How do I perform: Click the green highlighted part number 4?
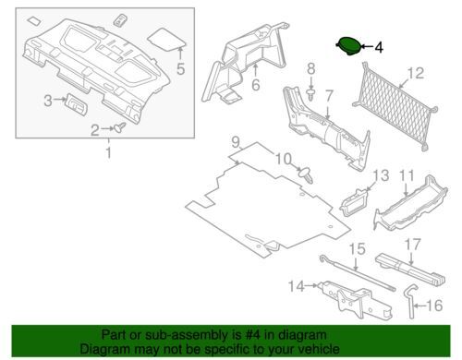pyautogui.click(x=348, y=46)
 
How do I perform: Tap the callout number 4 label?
pyautogui.click(x=379, y=48)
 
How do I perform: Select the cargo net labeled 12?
pyautogui.click(x=395, y=106)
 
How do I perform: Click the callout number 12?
pyautogui.click(x=416, y=73)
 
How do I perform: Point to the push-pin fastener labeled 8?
pyautogui.click(x=311, y=94)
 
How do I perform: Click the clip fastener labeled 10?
pyautogui.click(x=306, y=174)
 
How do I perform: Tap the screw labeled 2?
pyautogui.click(x=120, y=126)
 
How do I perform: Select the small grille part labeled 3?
pyautogui.click(x=76, y=104)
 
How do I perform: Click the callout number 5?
pyautogui.click(x=180, y=68)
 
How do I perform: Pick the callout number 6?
pyautogui.click(x=256, y=85)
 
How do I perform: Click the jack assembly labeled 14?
pyautogui.click(x=355, y=299)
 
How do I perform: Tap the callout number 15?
pyautogui.click(x=357, y=249)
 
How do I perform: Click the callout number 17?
pyautogui.click(x=412, y=245)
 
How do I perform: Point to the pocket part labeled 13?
pyautogui.click(x=354, y=201)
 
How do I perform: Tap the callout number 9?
pyautogui.click(x=236, y=142)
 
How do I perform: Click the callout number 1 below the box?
pyautogui.click(x=108, y=152)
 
